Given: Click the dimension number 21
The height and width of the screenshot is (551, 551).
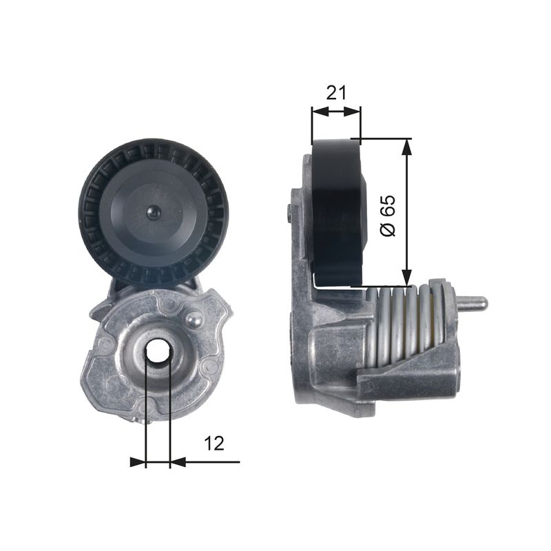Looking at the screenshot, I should click(x=335, y=92).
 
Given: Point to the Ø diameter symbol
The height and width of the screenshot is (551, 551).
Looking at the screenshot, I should click(x=388, y=229).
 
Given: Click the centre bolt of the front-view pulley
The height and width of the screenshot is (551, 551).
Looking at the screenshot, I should click(x=153, y=213).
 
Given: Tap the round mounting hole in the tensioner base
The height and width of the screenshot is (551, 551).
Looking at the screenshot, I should click(x=158, y=351).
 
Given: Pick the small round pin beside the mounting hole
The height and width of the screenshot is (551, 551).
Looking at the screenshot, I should click(x=195, y=318).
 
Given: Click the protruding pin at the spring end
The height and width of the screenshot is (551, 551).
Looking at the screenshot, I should click(x=473, y=302).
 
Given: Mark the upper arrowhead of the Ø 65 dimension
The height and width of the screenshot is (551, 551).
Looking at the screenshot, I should click(x=406, y=144).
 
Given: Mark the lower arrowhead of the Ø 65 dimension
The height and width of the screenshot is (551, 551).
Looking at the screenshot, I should click(x=406, y=279).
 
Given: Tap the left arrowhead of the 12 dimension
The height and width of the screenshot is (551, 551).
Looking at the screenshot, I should click(x=138, y=462).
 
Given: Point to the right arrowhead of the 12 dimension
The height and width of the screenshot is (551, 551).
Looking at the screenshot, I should click(x=178, y=462).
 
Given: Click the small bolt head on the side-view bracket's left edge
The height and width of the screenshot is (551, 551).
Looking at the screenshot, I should click(x=287, y=214).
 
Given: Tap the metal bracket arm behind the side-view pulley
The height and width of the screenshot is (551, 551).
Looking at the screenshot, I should click(x=304, y=227).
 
